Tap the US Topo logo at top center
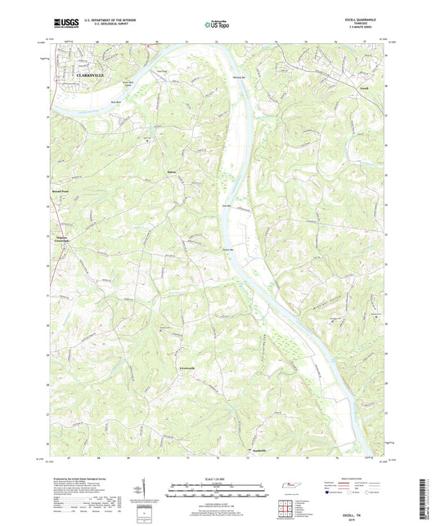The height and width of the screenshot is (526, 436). point(217,25)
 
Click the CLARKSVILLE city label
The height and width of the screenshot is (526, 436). point(92,75)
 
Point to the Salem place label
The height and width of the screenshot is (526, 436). point(172,172)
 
